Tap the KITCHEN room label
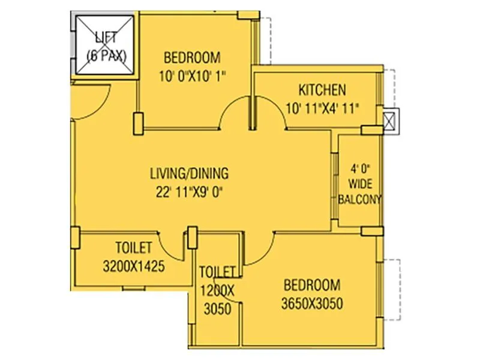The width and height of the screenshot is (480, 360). click(x=322, y=91)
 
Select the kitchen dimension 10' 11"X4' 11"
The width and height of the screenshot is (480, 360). click(x=323, y=109)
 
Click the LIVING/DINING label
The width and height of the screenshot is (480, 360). click(x=189, y=174)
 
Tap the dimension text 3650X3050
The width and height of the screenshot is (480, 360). click(x=311, y=304)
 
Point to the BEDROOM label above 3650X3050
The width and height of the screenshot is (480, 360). click(x=311, y=285)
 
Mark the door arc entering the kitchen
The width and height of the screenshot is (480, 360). click(x=270, y=114)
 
